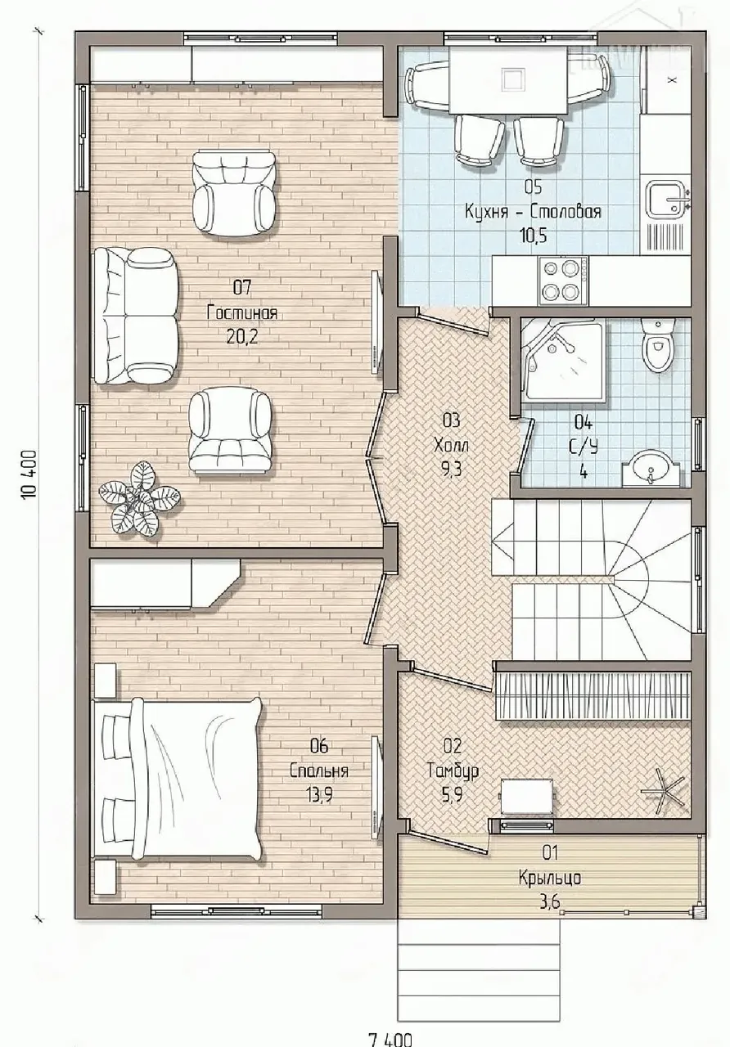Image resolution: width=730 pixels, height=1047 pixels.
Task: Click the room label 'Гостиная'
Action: tap(241, 312)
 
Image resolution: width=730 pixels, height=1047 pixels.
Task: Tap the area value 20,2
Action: tap(242, 337)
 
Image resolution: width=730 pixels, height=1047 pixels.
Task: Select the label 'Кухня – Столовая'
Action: tap(533, 211)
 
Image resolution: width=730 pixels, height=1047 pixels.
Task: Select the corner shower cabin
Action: tap(564, 358)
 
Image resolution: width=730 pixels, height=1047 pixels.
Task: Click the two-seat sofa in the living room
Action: tap(136, 316)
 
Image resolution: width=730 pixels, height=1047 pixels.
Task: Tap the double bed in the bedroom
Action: tap(178, 780)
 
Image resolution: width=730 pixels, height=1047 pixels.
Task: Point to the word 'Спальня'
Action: tap(319, 771)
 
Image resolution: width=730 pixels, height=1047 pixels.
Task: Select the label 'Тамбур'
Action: tap(453, 771)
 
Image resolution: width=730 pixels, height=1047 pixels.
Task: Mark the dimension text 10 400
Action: tap(29, 475)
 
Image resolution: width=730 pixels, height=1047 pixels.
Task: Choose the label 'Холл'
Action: tap(451, 446)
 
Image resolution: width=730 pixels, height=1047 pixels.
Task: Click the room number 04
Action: tap(584, 424)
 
